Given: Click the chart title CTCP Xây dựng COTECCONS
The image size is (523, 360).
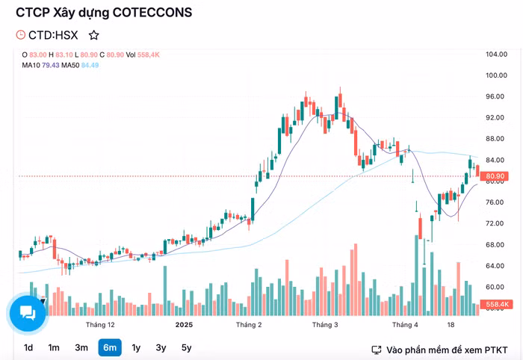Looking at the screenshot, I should coord(104,13).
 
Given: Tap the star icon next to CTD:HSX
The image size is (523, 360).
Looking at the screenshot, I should coord(93,35).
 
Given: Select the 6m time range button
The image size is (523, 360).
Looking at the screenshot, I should coord(109,347).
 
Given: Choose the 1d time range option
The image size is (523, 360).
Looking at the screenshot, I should coord(28,347).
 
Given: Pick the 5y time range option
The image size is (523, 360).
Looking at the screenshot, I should coord(186,347).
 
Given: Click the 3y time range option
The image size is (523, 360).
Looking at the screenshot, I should coord(161,347).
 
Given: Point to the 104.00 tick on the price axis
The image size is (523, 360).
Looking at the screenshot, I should coord(496,55).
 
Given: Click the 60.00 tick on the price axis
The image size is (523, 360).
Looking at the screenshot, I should coord(496,287).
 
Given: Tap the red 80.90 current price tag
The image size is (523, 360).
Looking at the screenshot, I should coord(496,176).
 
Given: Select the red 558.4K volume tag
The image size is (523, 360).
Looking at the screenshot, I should coord(496,305).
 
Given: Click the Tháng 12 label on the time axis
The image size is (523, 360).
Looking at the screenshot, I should coord(100,325).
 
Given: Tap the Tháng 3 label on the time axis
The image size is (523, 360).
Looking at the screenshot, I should coord(325,325).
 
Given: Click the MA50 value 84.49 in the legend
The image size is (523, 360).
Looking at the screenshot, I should coord(90,65).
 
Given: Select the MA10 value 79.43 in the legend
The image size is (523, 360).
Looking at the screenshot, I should coord(52,65).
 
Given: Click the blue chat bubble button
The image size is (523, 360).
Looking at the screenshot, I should coord(28,312).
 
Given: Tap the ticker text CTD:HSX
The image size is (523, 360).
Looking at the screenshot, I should coord(53,35).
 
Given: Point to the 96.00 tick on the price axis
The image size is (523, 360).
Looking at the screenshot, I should coord(496,96).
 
